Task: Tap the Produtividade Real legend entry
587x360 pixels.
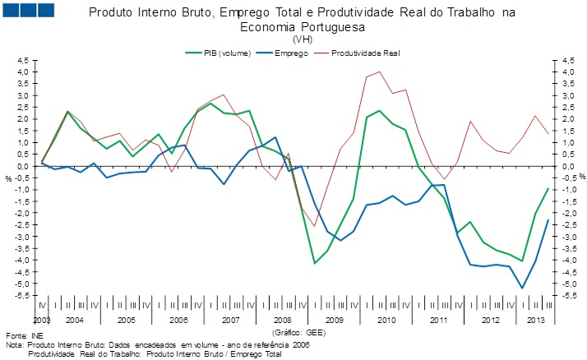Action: pyautogui.click(x=366, y=52)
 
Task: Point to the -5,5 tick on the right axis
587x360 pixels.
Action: pyautogui.click(x=566, y=295)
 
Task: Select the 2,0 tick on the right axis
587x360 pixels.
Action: pyautogui.click(x=566, y=119)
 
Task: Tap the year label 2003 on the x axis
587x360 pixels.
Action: pyautogui.click(x=42, y=319)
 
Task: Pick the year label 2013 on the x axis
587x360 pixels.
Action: pyautogui.click(x=534, y=319)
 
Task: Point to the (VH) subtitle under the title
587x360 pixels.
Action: pyautogui.click(x=301, y=39)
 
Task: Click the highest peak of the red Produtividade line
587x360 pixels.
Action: pyautogui.click(x=379, y=72)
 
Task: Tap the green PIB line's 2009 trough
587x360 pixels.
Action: pyautogui.click(x=315, y=263)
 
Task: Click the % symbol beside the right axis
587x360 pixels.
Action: pyautogui.click(x=580, y=177)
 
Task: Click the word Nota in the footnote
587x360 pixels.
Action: pyautogui.click(x=15, y=346)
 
